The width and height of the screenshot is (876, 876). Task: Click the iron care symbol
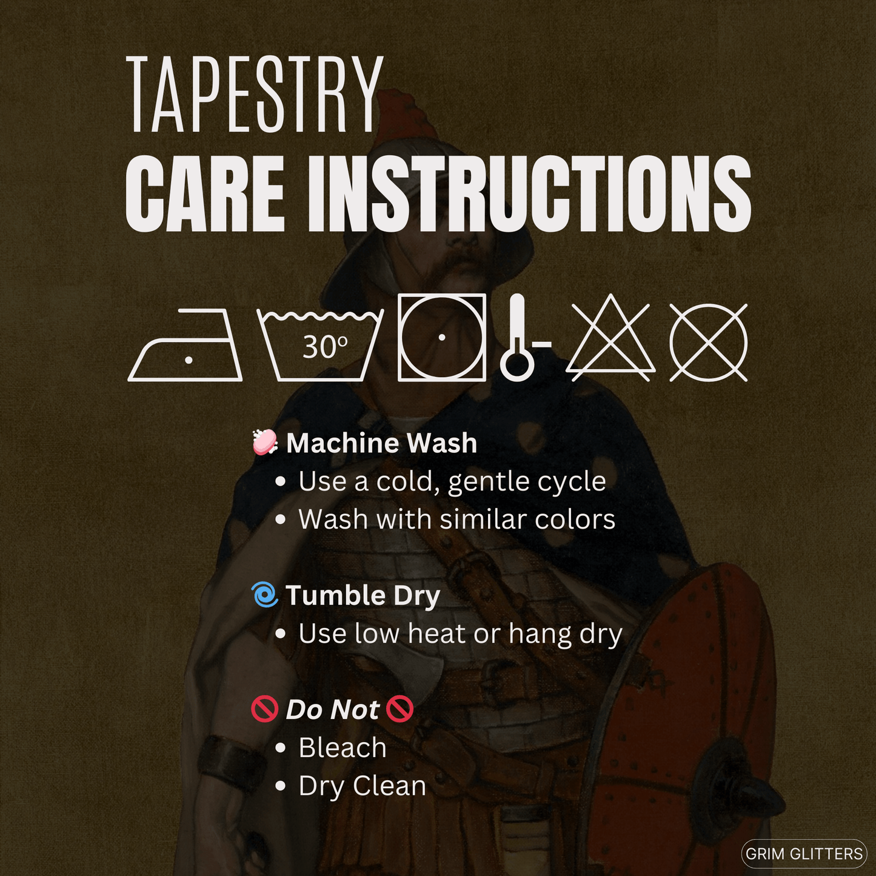[185, 344]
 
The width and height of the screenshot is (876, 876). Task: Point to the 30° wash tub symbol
[321, 344]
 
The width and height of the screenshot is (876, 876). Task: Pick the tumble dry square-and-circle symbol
[442, 337]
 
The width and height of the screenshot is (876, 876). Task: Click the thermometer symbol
[523, 337]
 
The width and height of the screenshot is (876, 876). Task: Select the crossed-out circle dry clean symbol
[708, 342]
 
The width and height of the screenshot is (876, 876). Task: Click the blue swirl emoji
[264, 595]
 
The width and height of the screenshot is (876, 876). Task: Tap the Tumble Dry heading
[363, 596]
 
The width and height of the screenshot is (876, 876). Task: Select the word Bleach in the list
[343, 747]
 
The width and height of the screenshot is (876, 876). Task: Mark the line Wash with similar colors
[456, 519]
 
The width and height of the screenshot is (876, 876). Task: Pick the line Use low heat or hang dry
[460, 634]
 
